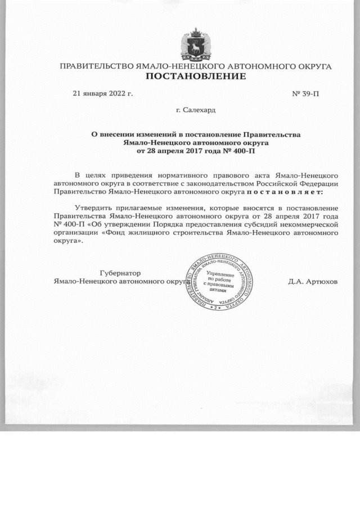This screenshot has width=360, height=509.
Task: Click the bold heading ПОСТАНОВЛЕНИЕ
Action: click(196, 76)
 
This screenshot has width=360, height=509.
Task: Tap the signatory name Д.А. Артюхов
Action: click(313, 282)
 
